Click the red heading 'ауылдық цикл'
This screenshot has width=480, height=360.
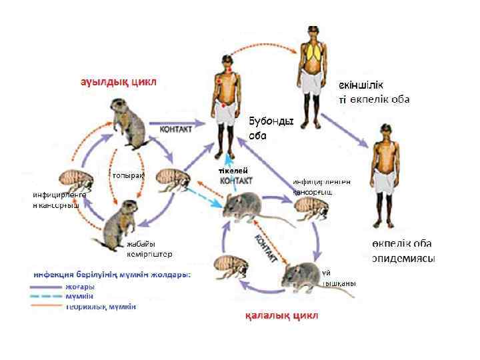[x=119, y=83]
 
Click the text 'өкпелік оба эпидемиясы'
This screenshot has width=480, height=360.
[x=403, y=251]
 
